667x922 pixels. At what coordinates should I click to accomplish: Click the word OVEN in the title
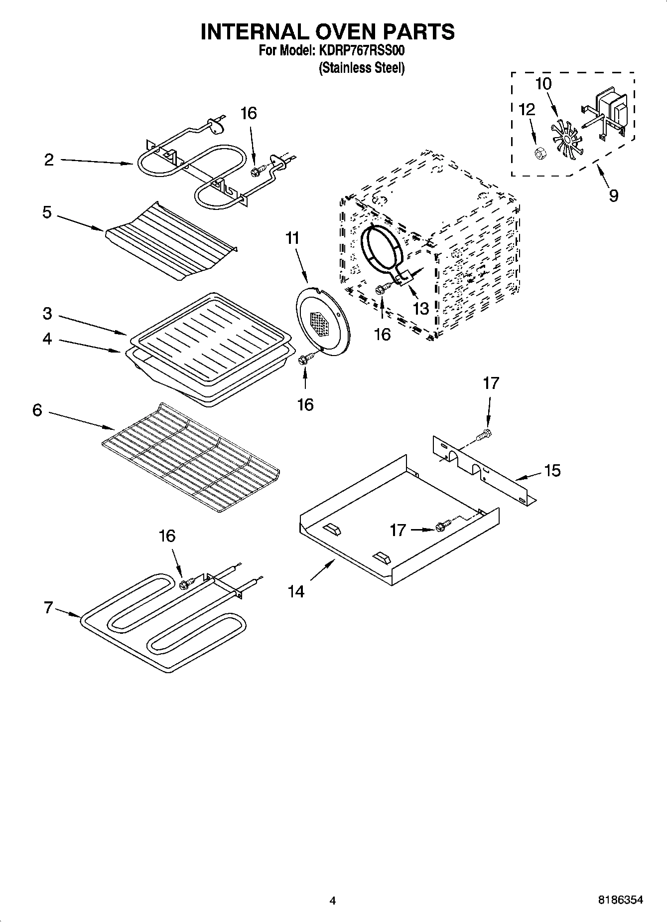point(328,31)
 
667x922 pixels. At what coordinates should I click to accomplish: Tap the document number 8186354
point(620,900)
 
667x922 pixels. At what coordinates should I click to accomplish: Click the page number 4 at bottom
point(333,901)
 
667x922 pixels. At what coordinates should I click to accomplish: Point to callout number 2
point(49,160)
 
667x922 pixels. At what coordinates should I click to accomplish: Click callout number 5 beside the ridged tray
point(47,212)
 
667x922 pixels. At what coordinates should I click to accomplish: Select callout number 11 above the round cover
point(292,238)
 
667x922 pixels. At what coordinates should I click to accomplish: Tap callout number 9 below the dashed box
point(613,195)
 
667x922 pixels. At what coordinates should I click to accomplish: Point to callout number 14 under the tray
point(296,591)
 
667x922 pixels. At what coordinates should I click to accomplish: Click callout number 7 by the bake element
point(48,608)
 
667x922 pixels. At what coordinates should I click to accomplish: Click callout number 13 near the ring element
point(421,308)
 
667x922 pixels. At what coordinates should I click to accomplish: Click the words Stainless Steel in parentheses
point(362,68)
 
